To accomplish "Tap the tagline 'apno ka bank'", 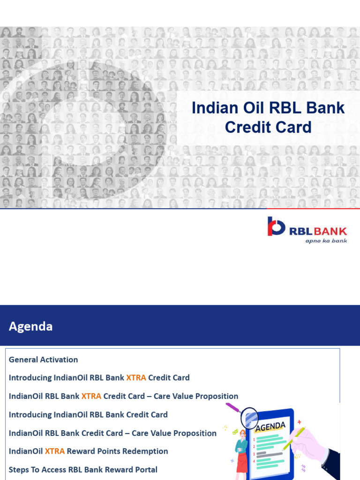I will point(326,240).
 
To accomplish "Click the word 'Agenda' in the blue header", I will point(31,326).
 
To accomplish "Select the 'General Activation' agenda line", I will point(43,360).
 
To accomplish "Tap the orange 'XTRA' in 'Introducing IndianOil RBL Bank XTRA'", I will point(136,378).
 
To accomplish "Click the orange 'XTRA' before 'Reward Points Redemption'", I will point(54,451).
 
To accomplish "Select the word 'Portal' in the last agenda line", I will point(145,470).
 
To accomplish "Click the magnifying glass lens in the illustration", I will point(249,416).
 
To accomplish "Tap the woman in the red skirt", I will point(242,450).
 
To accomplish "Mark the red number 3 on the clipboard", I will point(254,454).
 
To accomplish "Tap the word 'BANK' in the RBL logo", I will point(331,231).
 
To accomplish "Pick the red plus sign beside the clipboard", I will point(300,422).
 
